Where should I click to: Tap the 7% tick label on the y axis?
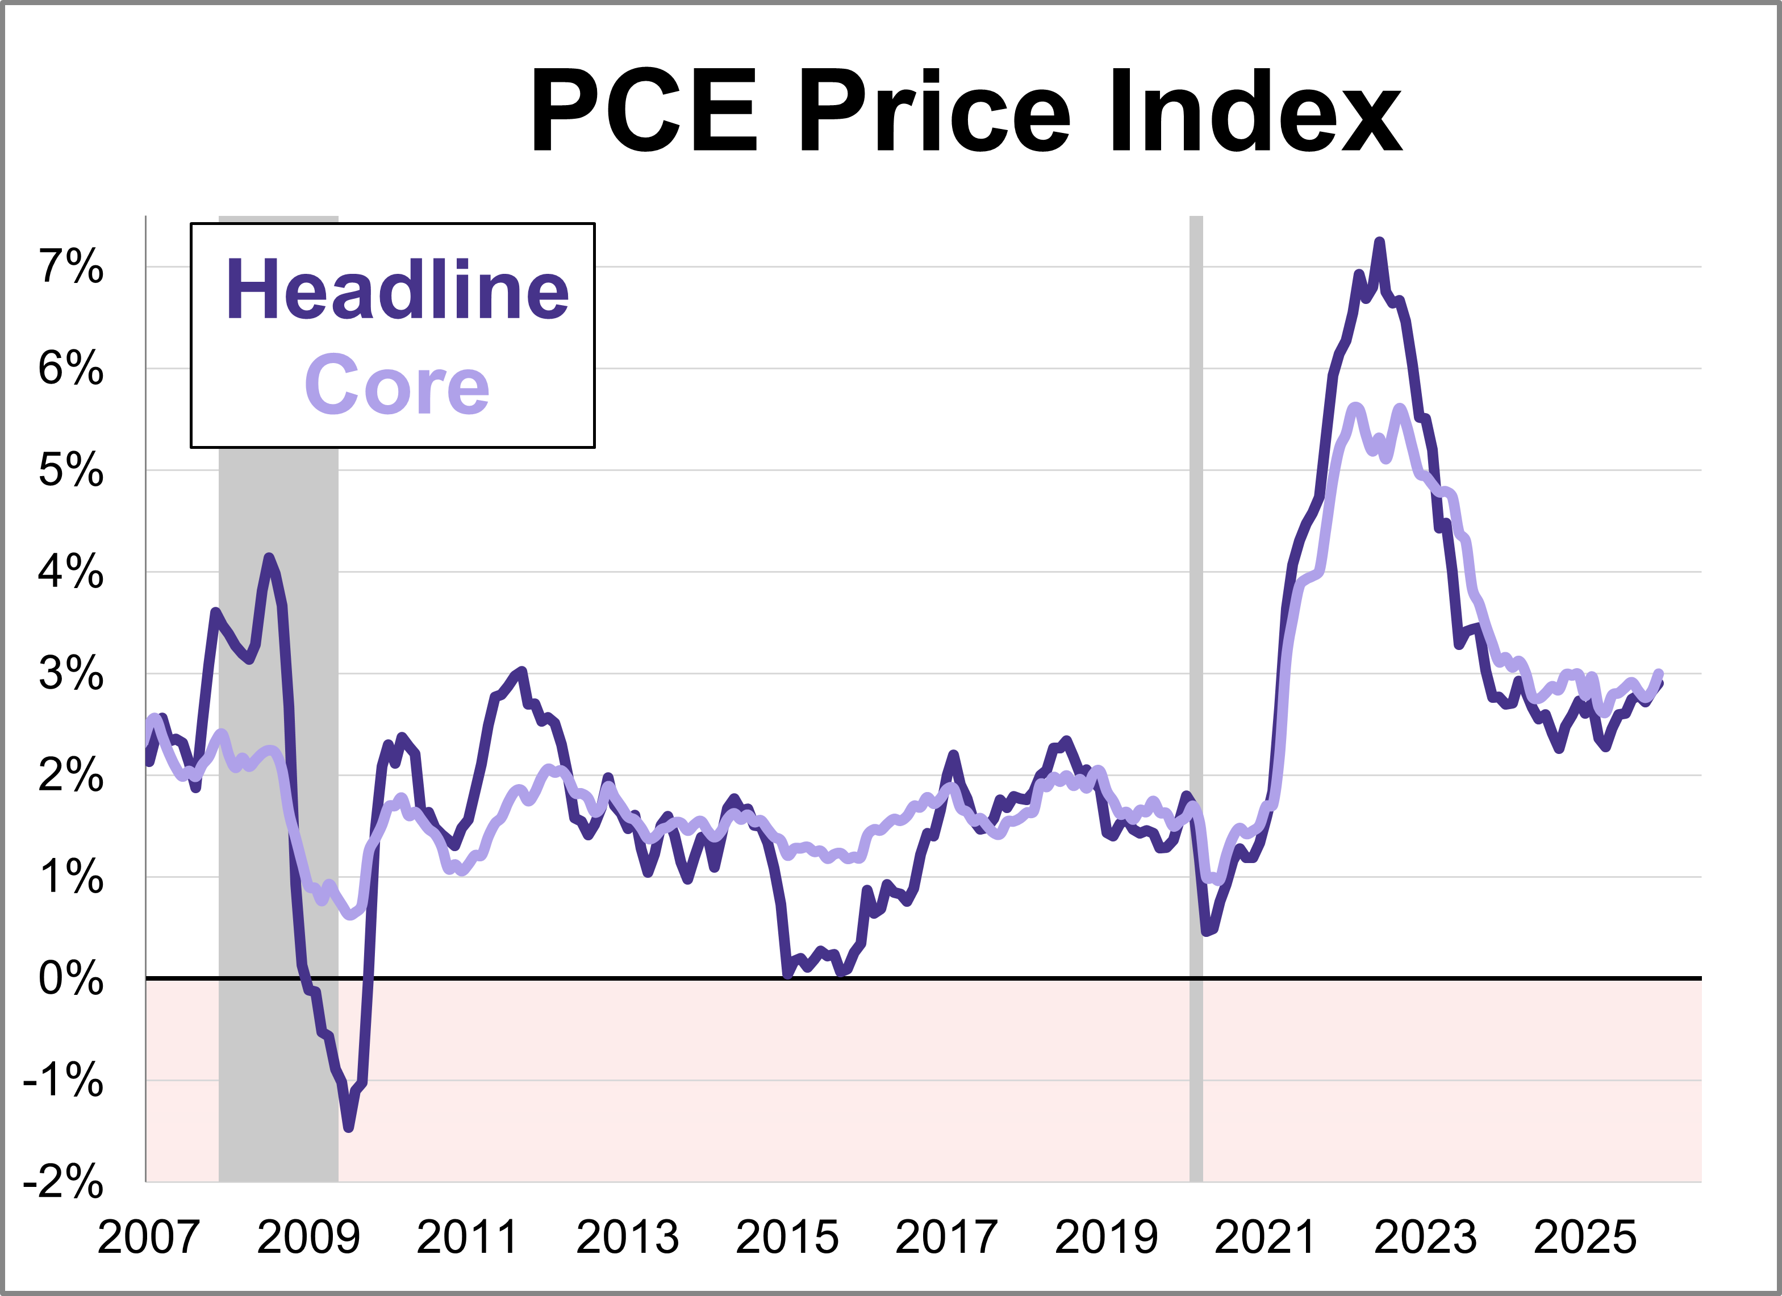click(70, 266)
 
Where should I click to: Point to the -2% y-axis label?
click(63, 1181)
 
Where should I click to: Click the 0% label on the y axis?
click(70, 978)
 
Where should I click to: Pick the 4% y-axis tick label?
click(70, 572)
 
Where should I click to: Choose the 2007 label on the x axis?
click(148, 1237)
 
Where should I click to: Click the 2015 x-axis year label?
click(787, 1237)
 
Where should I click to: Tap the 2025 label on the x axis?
click(1585, 1237)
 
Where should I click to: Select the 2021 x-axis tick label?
click(1265, 1237)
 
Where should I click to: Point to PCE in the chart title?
click(644, 111)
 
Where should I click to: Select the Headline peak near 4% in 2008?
click(269, 557)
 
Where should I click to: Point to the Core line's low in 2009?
click(350, 915)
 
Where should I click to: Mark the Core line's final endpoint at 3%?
click(1659, 673)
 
